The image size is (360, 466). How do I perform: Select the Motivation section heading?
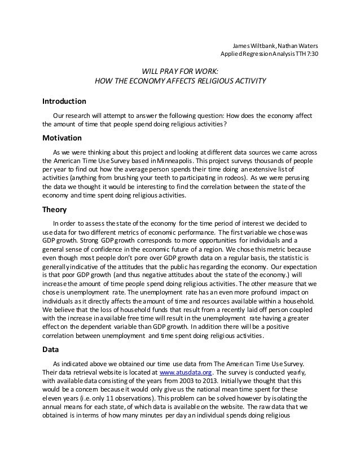click(x=62, y=138)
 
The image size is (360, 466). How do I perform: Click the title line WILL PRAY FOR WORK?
click(x=179, y=71)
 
